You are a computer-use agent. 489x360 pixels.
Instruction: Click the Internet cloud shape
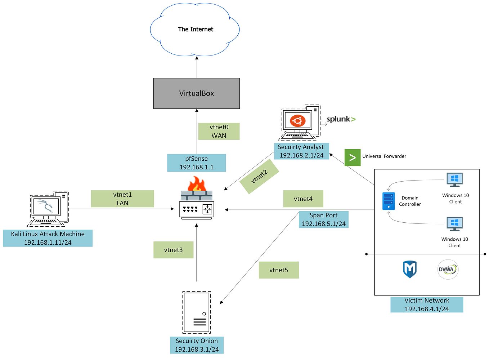pos(195,30)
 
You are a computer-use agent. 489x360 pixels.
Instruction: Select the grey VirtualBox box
pos(196,93)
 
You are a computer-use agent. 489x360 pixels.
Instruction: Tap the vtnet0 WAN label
pos(219,131)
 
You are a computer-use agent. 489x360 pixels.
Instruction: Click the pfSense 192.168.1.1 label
pos(196,163)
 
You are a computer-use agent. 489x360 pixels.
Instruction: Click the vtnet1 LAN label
pos(122,199)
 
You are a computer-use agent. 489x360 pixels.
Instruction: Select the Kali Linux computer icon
pos(48,209)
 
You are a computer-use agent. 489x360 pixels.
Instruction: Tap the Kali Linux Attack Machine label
pos(48,238)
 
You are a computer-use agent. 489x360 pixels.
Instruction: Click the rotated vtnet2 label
pos(259,177)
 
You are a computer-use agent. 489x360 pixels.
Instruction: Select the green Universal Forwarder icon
pos(352,157)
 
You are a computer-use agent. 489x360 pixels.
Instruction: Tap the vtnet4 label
pos(303,199)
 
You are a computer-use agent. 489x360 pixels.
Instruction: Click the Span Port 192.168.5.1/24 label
pos(323,219)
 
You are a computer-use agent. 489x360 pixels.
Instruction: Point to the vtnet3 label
pos(173,250)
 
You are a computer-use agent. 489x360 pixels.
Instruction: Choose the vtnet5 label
pos(279,270)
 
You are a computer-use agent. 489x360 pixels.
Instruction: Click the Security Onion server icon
pos(197,312)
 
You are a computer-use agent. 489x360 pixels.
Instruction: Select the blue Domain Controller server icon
pos(389,201)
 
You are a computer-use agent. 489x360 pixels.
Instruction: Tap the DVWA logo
pos(448,270)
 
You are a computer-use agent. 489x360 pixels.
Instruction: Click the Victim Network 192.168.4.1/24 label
pos(427,305)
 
